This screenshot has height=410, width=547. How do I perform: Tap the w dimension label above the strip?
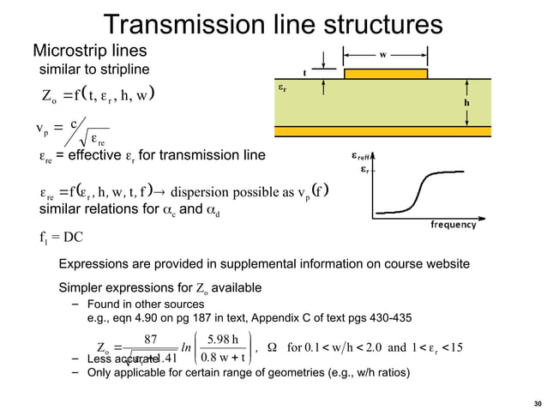(x=384, y=53)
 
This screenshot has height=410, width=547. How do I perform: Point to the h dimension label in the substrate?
(x=467, y=100)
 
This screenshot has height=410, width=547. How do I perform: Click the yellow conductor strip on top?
(x=385, y=74)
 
